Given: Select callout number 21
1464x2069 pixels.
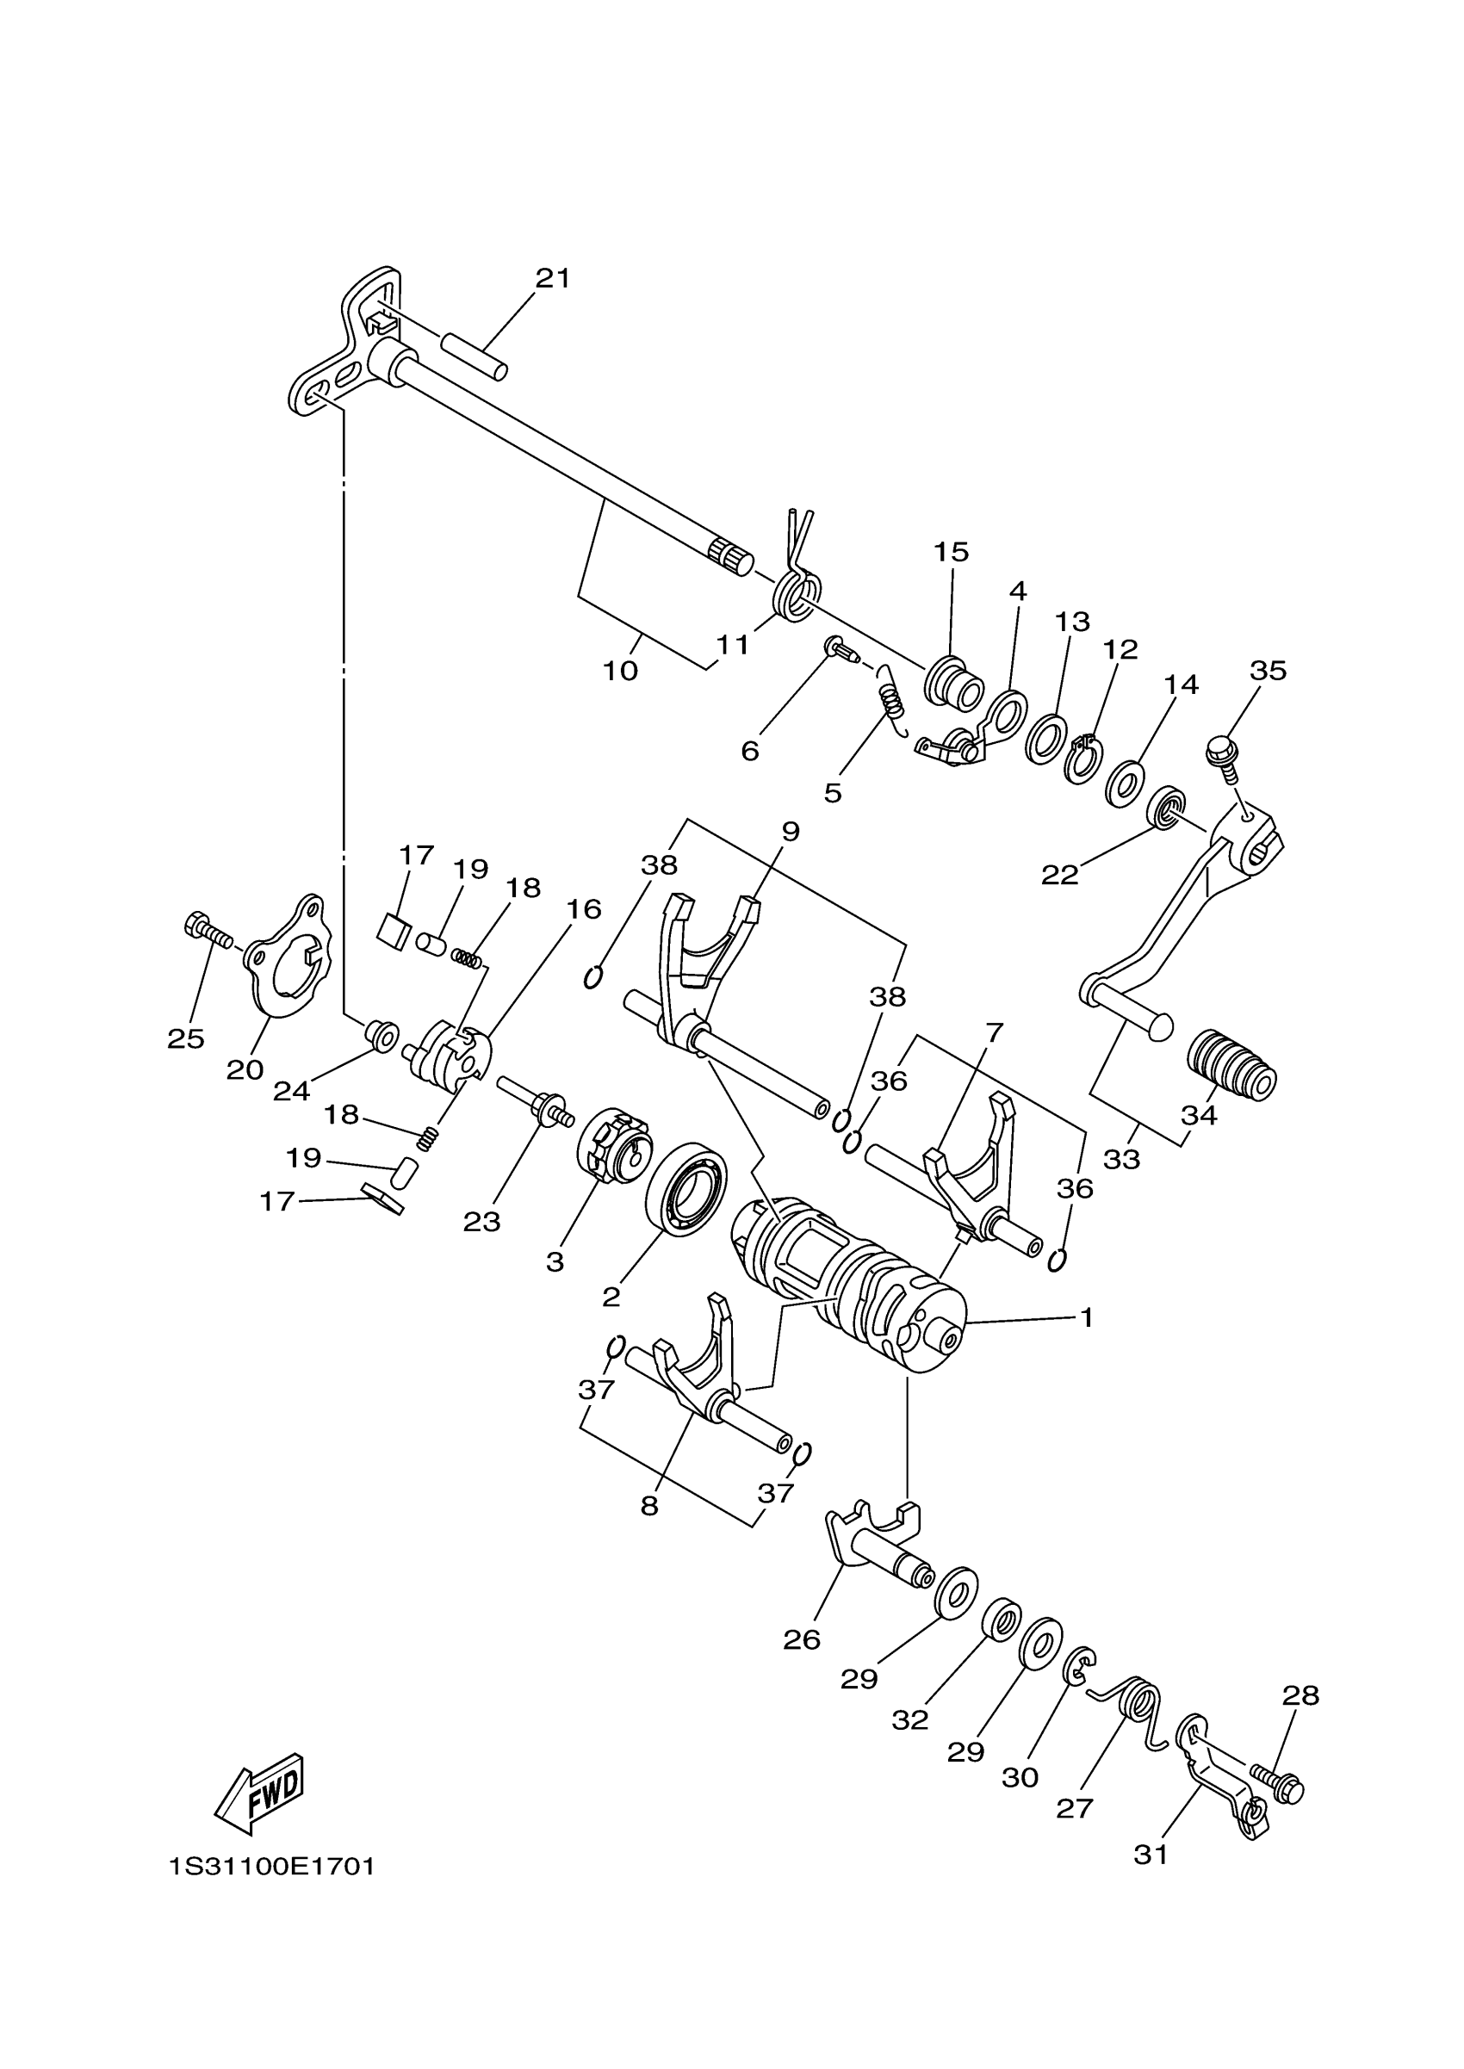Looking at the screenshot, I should (553, 279).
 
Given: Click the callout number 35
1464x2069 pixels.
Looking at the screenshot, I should (1268, 671).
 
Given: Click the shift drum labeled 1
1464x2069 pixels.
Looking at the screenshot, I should (847, 1279).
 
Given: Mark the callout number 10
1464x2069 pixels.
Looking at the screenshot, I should (620, 672).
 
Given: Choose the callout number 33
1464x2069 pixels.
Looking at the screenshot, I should (1121, 1160).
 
